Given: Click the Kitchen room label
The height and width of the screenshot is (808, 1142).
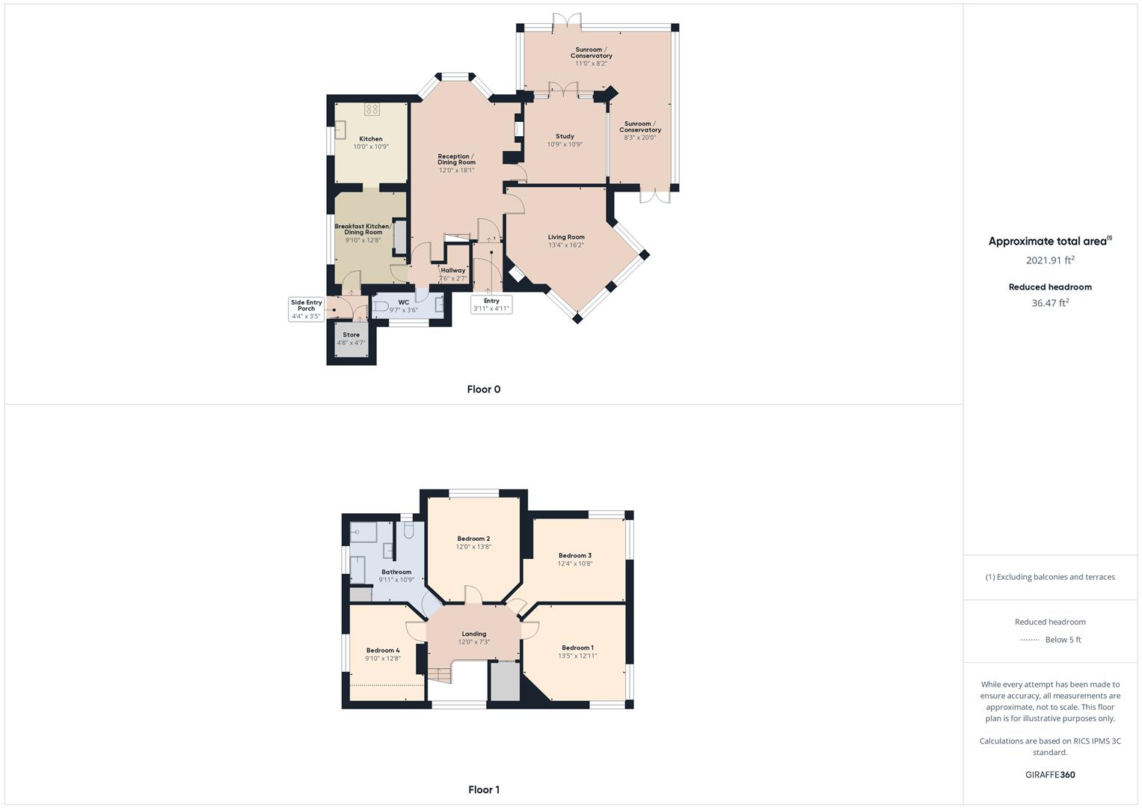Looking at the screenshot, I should (370, 139).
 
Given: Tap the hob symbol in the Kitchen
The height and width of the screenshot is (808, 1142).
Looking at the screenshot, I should (372, 109).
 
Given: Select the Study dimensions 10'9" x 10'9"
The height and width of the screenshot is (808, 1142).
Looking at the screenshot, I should (565, 144).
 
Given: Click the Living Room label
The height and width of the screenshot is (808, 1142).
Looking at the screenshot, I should (565, 237).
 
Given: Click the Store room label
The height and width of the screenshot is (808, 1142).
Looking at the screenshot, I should (351, 335).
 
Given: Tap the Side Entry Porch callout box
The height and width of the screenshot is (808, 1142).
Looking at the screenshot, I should (306, 309).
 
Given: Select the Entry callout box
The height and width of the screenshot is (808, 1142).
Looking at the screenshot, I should (491, 304).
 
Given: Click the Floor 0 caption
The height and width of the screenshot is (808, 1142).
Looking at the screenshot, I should (483, 389).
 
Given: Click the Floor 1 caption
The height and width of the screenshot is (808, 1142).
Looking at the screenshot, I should (483, 789).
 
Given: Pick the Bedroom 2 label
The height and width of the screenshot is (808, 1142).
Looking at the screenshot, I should (473, 539).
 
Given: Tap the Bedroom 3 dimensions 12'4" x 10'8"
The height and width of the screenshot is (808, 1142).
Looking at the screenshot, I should (574, 563).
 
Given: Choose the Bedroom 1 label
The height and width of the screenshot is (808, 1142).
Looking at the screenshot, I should (577, 648).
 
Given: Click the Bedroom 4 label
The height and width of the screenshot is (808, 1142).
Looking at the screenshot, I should (382, 650).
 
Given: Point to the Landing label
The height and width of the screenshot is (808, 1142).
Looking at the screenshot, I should (473, 634).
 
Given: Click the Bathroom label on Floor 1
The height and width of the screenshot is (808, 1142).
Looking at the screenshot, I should (396, 572).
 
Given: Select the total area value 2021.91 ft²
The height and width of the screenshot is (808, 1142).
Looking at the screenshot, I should (1050, 260).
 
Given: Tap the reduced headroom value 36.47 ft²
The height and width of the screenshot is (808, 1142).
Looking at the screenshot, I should (1050, 303).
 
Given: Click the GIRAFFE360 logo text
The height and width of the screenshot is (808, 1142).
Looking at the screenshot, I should (1050, 774).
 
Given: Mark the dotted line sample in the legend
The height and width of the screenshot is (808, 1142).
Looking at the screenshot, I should (1030, 640).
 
